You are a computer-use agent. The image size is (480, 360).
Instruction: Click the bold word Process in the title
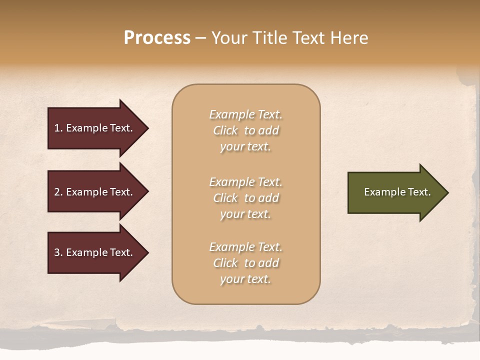pyautogui.click(x=157, y=38)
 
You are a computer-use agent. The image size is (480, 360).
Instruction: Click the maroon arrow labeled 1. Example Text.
pyautogui.click(x=95, y=128)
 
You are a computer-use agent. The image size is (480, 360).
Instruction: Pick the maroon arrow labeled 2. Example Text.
pyautogui.click(x=95, y=192)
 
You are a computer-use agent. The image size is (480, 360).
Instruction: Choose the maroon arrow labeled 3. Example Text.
pyautogui.click(x=95, y=252)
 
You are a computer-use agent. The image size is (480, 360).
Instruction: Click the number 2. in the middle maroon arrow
pyautogui.click(x=58, y=192)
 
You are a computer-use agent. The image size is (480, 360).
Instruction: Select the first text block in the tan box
pyautogui.click(x=245, y=130)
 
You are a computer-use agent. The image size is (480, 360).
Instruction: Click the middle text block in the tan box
pyautogui.click(x=245, y=198)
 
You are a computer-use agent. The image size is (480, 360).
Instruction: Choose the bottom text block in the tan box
pyautogui.click(x=245, y=263)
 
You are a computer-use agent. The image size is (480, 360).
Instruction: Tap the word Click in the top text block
pyautogui.click(x=225, y=130)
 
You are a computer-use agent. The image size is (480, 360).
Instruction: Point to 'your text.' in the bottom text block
pyautogui.click(x=245, y=279)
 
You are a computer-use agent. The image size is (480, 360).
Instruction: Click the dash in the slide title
pyautogui.click(x=200, y=38)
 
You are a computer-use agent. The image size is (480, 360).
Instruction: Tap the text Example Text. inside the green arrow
pyautogui.click(x=397, y=192)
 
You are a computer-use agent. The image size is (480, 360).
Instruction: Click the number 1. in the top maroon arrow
pyautogui.click(x=58, y=128)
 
